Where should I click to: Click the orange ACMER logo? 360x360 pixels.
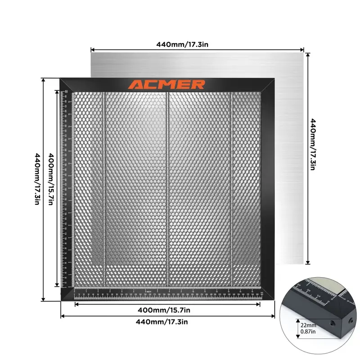(x=166, y=85)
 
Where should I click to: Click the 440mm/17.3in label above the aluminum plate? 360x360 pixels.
(x=182, y=45)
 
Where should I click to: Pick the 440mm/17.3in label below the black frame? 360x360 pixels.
(x=167, y=321)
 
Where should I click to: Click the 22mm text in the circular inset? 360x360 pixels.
(x=309, y=325)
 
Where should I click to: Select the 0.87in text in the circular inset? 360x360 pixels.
(x=309, y=332)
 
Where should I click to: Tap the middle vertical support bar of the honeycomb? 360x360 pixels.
(x=167, y=189)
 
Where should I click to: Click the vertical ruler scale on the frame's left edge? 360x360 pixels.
(x=65, y=189)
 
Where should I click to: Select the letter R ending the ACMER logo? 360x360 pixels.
(x=199, y=85)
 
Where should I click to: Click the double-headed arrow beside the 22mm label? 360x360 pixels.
(x=297, y=327)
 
